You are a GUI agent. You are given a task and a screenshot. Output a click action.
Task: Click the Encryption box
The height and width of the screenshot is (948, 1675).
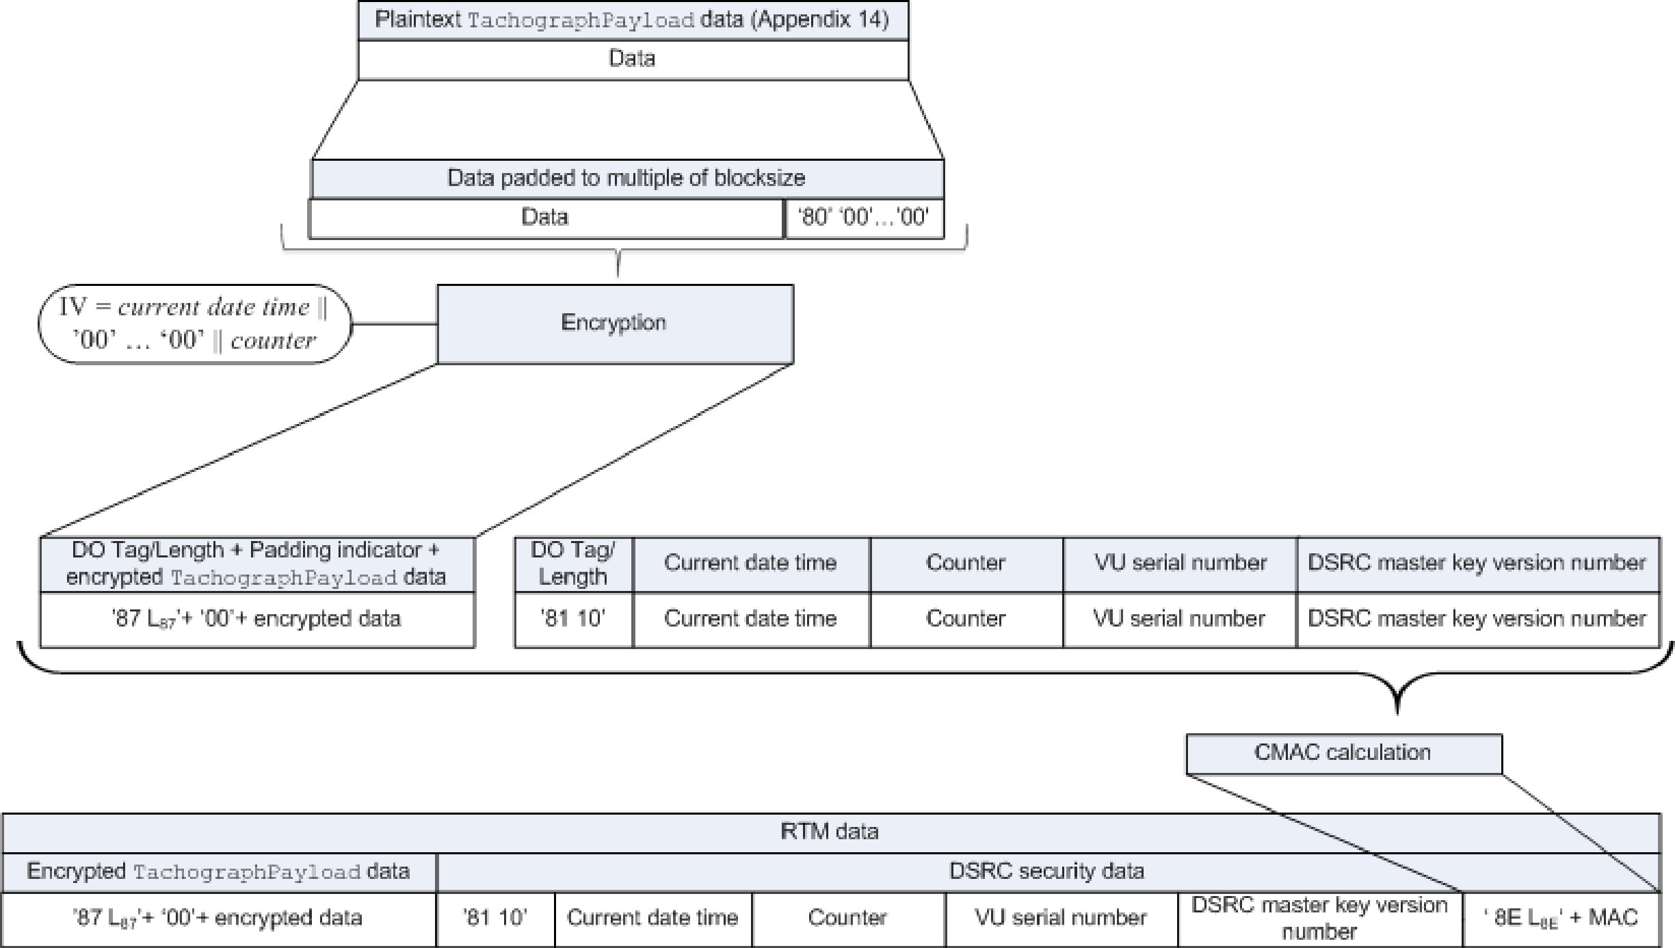pos(615,324)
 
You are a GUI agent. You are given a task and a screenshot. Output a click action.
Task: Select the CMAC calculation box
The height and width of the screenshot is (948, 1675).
pos(1343,754)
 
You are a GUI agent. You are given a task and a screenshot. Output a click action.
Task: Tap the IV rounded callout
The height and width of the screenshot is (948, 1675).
pos(195,324)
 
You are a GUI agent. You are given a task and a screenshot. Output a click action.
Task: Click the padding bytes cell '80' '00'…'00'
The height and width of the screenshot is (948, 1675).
pos(865,218)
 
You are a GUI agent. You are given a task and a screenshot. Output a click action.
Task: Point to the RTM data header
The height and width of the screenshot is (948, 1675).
pos(831,832)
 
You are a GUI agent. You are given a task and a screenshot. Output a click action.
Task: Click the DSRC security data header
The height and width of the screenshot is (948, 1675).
pos(1048,872)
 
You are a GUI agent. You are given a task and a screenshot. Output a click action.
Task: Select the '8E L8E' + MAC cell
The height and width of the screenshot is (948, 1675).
pos(1562,919)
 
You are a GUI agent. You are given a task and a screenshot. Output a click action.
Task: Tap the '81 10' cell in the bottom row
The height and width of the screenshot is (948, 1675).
pos(495,919)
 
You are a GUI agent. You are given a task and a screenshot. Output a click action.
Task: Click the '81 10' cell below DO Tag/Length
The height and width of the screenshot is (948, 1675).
pos(574,619)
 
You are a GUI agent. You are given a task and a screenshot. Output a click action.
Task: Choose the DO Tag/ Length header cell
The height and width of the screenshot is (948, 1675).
pos(574,564)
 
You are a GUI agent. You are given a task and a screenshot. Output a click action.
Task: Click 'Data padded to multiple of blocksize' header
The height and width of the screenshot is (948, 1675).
pos(627,179)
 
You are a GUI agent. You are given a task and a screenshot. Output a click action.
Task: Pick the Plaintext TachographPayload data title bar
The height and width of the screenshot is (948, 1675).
pos(633,21)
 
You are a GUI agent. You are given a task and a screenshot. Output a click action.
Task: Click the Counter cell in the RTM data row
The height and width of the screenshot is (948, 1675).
pos(848,919)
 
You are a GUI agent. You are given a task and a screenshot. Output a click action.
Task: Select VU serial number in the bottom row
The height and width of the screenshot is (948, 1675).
pos(1061,919)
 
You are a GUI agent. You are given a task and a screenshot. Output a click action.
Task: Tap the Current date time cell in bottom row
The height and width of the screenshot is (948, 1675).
pos(653,919)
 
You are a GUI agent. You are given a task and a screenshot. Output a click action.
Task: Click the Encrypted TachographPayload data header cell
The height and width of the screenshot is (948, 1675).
pos(219,872)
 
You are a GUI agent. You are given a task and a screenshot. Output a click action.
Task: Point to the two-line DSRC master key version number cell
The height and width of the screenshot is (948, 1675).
pos(1320,919)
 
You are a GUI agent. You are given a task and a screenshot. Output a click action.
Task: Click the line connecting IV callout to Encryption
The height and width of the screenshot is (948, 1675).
pos(395,324)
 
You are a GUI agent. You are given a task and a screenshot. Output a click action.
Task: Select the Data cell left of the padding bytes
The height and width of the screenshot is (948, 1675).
pos(546,218)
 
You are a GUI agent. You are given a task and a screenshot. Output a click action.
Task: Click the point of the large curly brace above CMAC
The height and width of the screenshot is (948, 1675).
pos(1397,714)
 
